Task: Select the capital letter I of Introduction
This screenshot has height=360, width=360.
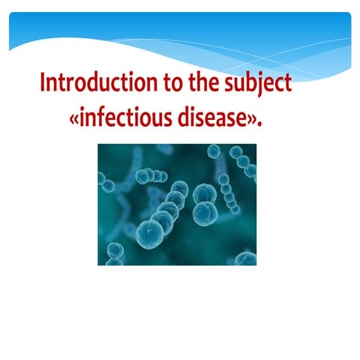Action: tap(43, 82)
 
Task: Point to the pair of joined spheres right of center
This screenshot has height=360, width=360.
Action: tap(204, 204)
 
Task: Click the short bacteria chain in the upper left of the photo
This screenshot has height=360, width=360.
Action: tap(150, 176)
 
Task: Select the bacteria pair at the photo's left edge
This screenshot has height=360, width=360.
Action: tap(105, 181)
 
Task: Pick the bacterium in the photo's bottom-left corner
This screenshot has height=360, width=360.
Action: tap(114, 253)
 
